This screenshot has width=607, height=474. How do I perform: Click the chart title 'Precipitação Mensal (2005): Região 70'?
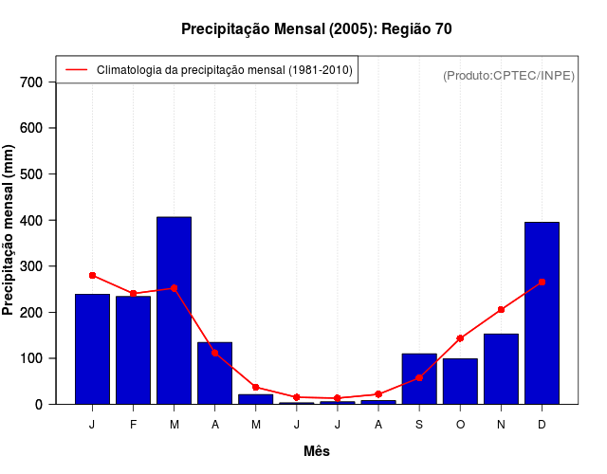click(x=316, y=29)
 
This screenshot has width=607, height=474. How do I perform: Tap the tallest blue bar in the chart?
click(x=174, y=311)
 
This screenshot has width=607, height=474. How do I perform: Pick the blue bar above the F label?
click(x=133, y=350)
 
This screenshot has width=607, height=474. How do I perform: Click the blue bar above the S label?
click(x=419, y=379)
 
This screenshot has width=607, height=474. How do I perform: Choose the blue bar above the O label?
click(x=460, y=381)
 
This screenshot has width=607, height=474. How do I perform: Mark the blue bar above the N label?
click(x=501, y=369)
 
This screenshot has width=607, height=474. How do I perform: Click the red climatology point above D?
click(x=542, y=282)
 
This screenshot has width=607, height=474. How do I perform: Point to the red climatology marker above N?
click(x=501, y=309)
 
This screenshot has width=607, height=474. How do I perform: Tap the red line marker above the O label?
click(x=460, y=338)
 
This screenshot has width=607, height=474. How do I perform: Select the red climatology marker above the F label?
click(x=133, y=294)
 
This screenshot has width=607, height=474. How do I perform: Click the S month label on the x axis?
click(x=419, y=425)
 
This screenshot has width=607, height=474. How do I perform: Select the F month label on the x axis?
click(x=133, y=425)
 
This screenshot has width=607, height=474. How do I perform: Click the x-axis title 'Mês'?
click(x=316, y=451)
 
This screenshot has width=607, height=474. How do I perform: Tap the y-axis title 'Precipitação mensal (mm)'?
click(x=9, y=229)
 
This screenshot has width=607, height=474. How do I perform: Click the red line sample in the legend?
click(x=76, y=70)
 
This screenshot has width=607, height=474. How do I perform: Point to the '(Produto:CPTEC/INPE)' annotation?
click(x=509, y=75)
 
